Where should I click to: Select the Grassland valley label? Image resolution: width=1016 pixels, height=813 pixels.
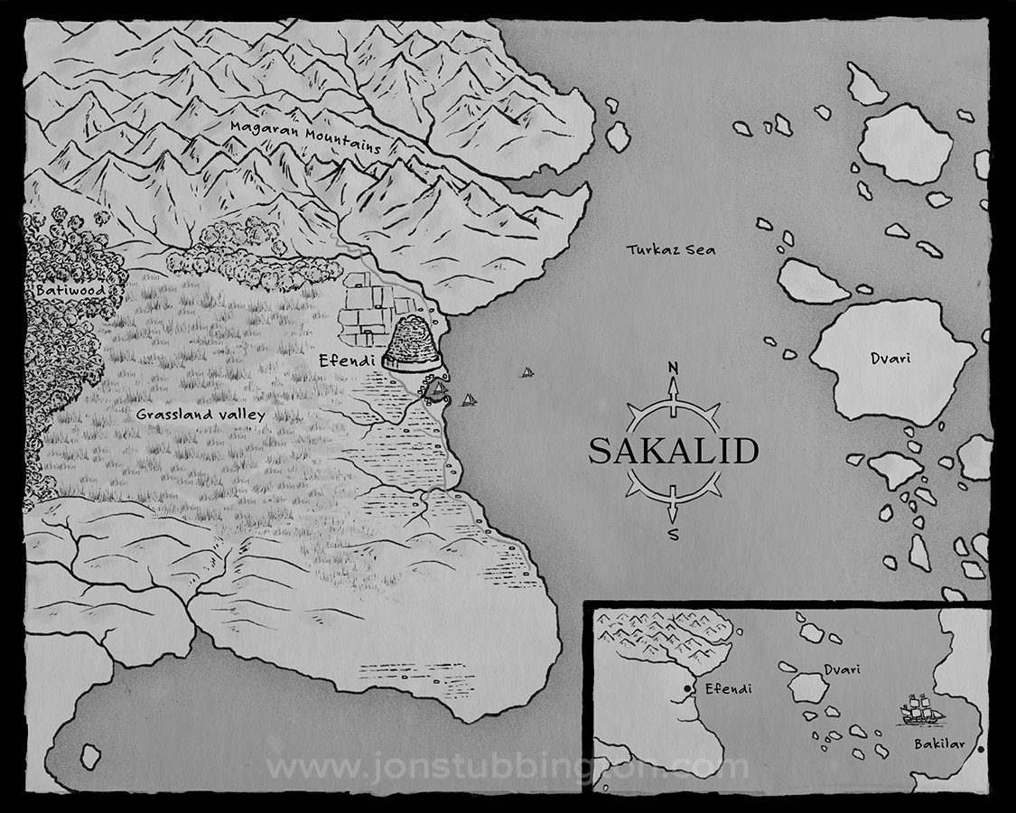click(200, 415)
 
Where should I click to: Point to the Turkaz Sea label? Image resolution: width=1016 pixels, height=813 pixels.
click(671, 249)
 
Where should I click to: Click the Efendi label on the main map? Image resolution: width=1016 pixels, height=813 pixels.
click(345, 360)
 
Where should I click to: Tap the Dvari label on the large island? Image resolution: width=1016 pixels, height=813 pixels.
click(890, 359)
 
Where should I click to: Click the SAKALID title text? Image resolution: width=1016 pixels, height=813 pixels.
click(673, 451)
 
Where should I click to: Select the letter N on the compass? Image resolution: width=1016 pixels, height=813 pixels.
click(672, 367)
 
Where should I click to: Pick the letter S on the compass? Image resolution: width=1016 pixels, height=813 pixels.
click(673, 533)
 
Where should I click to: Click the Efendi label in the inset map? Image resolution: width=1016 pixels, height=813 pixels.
click(728, 689)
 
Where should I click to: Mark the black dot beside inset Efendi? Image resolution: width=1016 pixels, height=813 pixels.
click(688, 689)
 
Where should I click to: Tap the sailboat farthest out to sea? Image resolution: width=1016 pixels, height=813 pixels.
click(527, 371)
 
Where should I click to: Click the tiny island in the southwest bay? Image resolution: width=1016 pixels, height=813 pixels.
click(89, 755)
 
